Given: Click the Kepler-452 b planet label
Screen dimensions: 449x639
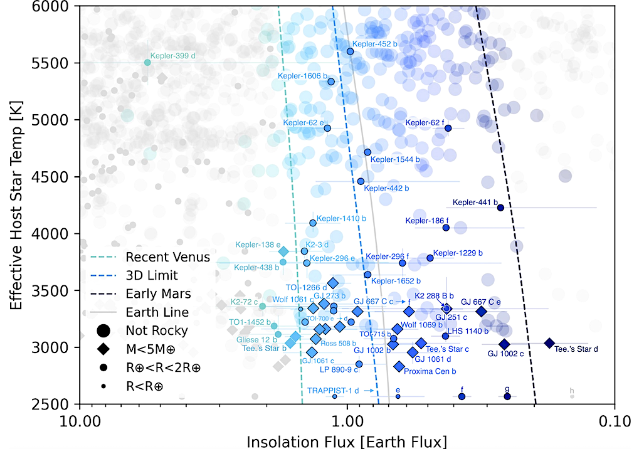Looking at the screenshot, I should (375, 44).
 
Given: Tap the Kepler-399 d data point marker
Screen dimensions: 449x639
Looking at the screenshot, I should (148, 62).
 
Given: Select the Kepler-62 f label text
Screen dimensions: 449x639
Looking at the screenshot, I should (424, 123).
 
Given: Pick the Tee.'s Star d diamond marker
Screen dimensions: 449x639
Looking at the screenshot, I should (549, 343).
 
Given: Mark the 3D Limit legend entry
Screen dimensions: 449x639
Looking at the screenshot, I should (152, 275).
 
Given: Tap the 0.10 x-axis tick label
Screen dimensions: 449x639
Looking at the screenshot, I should (614, 421).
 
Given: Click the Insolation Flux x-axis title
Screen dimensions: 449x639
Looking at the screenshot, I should (347, 440).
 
